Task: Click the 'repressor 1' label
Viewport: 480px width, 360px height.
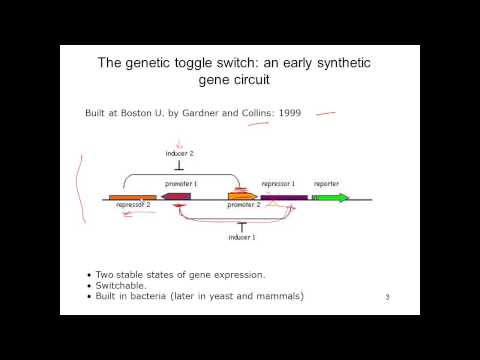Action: (279, 184)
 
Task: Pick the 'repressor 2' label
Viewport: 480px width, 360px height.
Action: (133, 206)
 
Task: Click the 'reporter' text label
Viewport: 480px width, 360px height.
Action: (327, 184)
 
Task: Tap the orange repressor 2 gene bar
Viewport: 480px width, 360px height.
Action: (132, 197)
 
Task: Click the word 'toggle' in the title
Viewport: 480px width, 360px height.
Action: (194, 62)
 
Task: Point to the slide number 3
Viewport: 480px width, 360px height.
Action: (387, 297)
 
